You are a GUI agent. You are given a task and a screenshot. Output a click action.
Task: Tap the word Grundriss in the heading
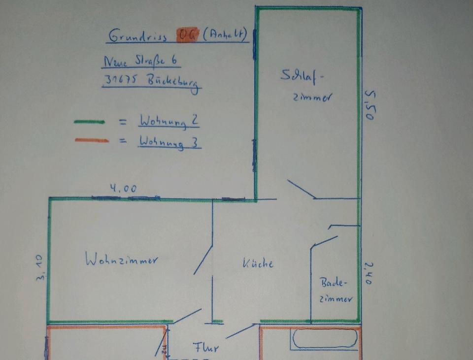coord(137,36)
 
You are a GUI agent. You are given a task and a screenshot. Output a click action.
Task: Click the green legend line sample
coord(89,122)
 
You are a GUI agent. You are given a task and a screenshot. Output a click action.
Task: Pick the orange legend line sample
coord(92,140)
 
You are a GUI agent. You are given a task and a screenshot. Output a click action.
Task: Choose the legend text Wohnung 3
coord(169,142)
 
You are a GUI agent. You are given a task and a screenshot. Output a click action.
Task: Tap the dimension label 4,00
coord(123,189)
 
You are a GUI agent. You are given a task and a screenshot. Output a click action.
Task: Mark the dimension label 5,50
coord(371,105)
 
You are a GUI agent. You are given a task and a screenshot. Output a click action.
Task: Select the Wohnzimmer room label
coord(121,260)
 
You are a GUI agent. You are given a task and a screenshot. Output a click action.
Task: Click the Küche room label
coord(258,263)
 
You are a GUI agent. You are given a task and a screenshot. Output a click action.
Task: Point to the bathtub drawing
coord(324,339)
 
